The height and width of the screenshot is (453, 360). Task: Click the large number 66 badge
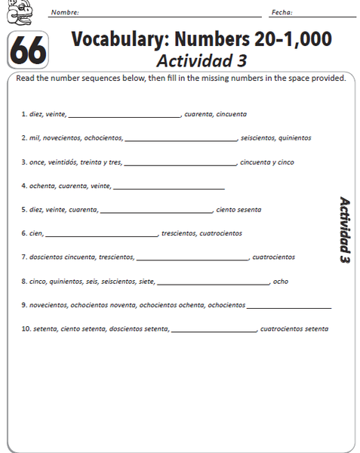pyautogui.click(x=28, y=51)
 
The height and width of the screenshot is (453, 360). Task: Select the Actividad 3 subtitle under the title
pyautogui.click(x=201, y=60)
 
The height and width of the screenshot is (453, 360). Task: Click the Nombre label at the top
pyautogui.click(x=64, y=13)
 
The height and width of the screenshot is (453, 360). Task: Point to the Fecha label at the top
pyautogui.click(x=282, y=13)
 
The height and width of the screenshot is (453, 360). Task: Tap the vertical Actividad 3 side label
pyautogui.click(x=345, y=230)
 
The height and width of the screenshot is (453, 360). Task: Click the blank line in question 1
pyautogui.click(x=125, y=116)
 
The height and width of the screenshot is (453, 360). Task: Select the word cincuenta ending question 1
pyautogui.click(x=231, y=115)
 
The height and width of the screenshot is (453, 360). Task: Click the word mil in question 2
pyautogui.click(x=34, y=138)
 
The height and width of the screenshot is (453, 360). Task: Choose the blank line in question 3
pyautogui.click(x=180, y=163)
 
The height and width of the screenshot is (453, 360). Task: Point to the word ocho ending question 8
pyautogui.click(x=280, y=282)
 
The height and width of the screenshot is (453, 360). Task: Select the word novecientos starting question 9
pyautogui.click(x=48, y=305)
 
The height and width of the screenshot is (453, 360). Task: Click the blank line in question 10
pyautogui.click(x=214, y=330)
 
